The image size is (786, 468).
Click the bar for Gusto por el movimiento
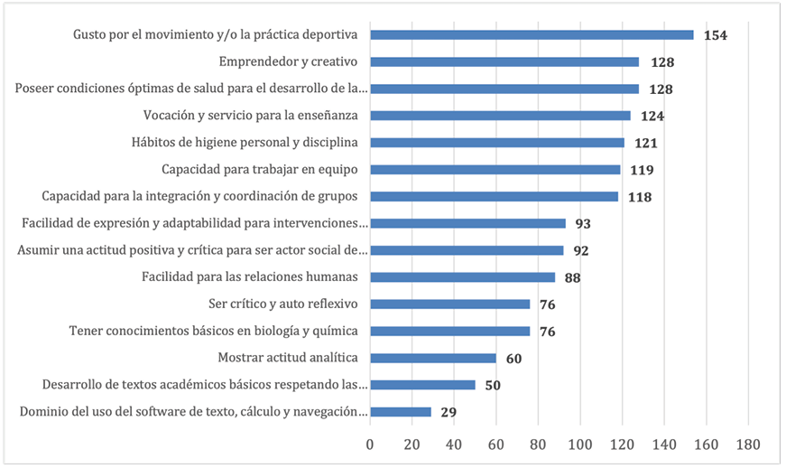pos(532,35)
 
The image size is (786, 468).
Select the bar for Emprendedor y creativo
pos(504,62)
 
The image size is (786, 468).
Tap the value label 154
pos(716,35)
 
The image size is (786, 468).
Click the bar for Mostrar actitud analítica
pos(433,358)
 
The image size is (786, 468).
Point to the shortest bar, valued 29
pos(401,412)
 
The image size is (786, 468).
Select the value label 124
pos(652,116)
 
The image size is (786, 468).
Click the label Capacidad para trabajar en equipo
pos(259,169)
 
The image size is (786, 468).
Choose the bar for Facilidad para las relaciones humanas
pos(462,277)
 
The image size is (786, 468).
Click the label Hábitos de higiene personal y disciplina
pos(244,143)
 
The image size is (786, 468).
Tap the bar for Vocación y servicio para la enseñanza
pos(500,116)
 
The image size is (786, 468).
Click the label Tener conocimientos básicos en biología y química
pos(214,331)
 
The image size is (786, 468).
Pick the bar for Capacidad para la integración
pos(494,196)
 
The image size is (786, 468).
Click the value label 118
pos(640,196)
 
